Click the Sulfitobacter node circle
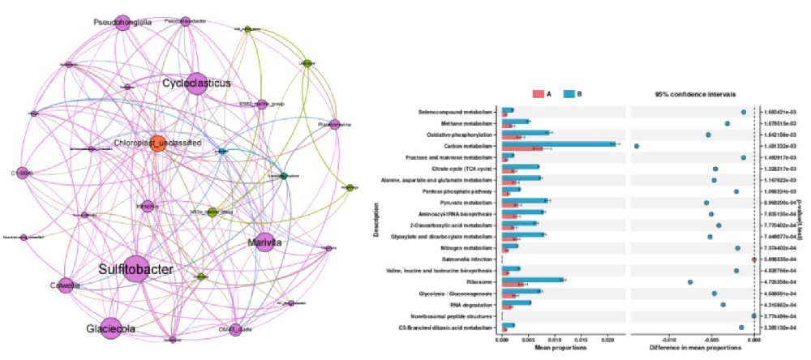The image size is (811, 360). [x=136, y=268]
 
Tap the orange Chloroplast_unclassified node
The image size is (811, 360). [x=158, y=143]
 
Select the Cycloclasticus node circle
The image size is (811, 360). [x=195, y=84]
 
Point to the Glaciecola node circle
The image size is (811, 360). [x=111, y=328]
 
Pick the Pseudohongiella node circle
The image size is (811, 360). [x=122, y=22]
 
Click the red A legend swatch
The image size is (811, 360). [x=538, y=94]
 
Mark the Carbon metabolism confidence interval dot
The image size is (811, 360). [x=637, y=146]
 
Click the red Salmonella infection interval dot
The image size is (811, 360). [x=753, y=259]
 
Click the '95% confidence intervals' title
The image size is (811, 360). [x=689, y=94]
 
